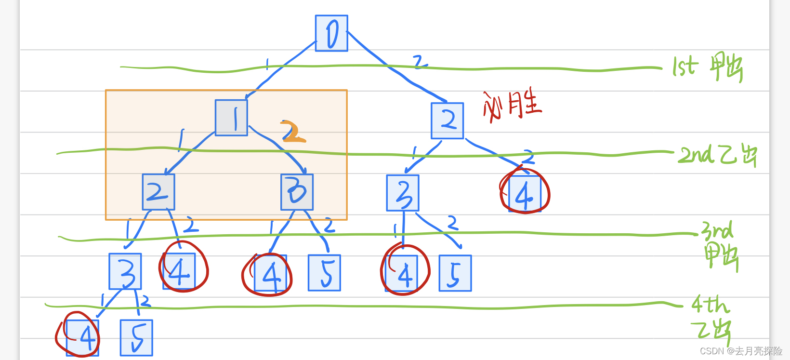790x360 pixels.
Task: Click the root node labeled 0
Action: (x=331, y=33)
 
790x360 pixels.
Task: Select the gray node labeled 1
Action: (x=231, y=118)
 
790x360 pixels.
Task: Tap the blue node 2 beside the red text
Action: (x=448, y=120)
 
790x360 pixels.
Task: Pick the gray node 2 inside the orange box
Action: (x=158, y=192)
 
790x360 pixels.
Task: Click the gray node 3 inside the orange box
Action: (x=297, y=192)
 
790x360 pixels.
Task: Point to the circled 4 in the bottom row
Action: (x=82, y=337)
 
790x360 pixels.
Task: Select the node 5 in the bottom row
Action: (x=136, y=337)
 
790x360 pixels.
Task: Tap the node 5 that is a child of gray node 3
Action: (x=324, y=273)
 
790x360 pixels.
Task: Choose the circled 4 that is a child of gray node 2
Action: (x=179, y=272)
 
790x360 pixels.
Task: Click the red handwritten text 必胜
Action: (x=513, y=104)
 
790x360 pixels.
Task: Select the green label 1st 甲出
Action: (x=707, y=67)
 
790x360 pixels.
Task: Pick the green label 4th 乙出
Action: (x=711, y=318)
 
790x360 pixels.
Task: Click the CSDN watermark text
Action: (x=740, y=351)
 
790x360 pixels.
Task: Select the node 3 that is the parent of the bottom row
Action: (x=125, y=271)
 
